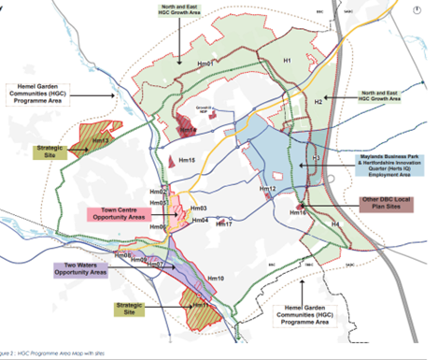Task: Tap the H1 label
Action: click(289, 60)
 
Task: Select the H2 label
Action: click(318, 100)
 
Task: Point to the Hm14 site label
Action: click(186, 130)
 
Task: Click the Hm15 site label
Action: click(184, 161)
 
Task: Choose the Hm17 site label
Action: click(223, 224)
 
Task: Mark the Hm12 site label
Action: click(268, 190)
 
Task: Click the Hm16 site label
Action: click(299, 212)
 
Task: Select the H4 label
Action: click(335, 224)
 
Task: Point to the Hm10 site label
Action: click(216, 278)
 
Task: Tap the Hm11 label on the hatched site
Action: click(198, 305)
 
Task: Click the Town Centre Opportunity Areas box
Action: click(114, 213)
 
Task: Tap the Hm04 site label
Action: click(200, 220)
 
